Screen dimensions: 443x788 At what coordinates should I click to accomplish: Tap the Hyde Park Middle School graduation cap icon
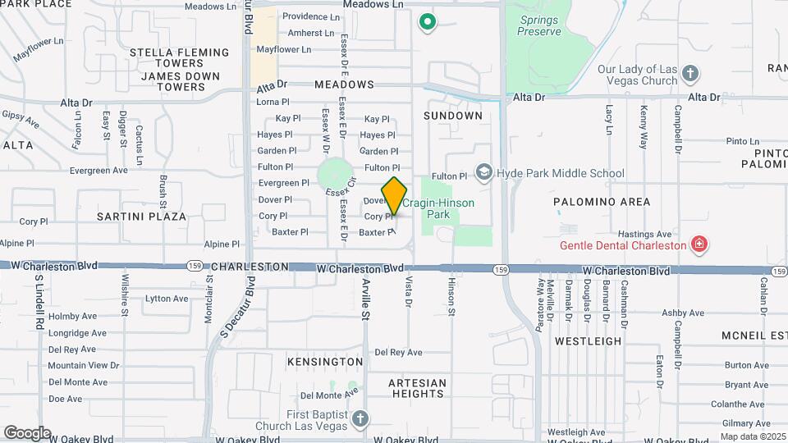[485, 172]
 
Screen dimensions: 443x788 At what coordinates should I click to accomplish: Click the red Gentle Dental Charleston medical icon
[699, 244]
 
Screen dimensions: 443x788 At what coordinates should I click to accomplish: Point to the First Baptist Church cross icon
[359, 420]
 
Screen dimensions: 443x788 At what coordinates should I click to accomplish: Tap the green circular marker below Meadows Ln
[426, 22]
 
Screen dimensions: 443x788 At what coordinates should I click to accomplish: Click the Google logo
[27, 432]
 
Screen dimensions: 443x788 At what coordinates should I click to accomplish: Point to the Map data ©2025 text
[752, 436]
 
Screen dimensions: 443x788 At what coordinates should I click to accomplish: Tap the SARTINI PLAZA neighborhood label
[142, 217]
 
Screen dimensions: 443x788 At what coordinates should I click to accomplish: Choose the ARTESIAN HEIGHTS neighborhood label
[417, 388]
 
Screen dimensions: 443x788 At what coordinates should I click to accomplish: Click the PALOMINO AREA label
[602, 201]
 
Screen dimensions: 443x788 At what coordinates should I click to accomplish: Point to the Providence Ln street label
[310, 16]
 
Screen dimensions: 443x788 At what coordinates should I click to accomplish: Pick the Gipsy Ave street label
[21, 121]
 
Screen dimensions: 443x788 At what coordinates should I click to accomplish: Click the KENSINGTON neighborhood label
[325, 361]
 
